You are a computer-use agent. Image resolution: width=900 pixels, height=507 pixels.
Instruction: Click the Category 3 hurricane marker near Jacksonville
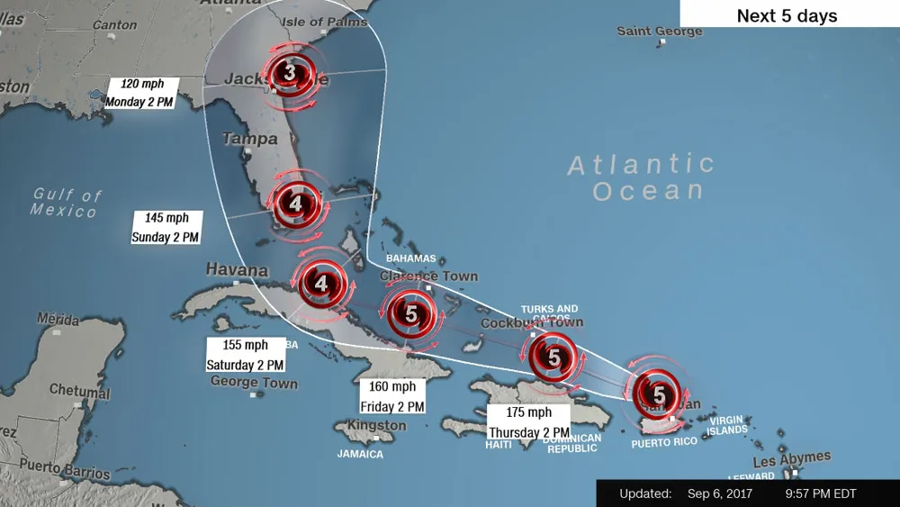pyautogui.click(x=289, y=73)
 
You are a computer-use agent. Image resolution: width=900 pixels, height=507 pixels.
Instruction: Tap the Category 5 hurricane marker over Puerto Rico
pyautogui.click(x=659, y=394)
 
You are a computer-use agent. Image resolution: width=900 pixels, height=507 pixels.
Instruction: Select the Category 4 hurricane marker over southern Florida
pyautogui.click(x=296, y=204)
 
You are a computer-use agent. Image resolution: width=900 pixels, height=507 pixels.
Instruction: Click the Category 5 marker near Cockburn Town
pyautogui.click(x=553, y=358)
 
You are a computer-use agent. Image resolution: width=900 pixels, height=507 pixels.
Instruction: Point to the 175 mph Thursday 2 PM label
pyautogui.click(x=528, y=422)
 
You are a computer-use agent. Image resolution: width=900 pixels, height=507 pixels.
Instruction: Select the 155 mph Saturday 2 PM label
pyautogui.click(x=245, y=355)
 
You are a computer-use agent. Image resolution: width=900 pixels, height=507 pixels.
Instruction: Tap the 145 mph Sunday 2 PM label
pyautogui.click(x=166, y=227)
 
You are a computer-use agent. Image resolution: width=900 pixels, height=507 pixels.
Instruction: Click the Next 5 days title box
pyautogui.click(x=787, y=15)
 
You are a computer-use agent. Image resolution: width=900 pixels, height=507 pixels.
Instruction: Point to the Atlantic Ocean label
pyautogui.click(x=641, y=177)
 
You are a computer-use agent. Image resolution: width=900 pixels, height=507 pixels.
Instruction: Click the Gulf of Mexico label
pyautogui.click(x=66, y=202)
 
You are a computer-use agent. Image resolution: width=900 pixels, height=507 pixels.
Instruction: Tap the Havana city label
pyautogui.click(x=237, y=270)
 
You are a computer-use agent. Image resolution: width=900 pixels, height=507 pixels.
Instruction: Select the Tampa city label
pyautogui.click(x=249, y=140)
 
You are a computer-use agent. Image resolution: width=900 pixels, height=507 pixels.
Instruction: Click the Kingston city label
pyautogui.click(x=376, y=426)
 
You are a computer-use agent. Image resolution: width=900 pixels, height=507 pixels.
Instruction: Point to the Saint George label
pyautogui.click(x=659, y=32)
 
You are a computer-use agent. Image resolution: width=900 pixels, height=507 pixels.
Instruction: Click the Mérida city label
pyautogui.click(x=58, y=320)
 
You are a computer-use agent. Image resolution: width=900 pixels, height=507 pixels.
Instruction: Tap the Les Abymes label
pyautogui.click(x=792, y=458)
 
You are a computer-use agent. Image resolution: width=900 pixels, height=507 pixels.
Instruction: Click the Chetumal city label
pyautogui.click(x=79, y=391)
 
